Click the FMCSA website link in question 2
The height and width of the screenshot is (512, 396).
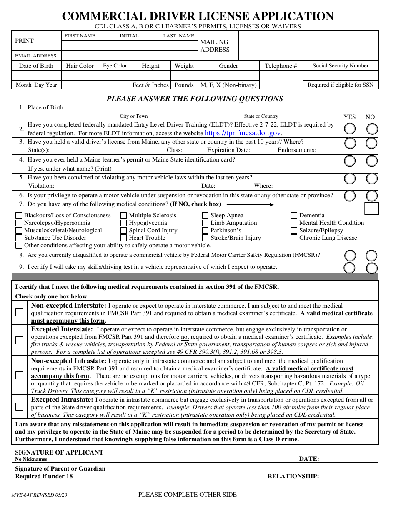point(243,133)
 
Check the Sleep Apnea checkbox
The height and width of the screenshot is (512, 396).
point(206,216)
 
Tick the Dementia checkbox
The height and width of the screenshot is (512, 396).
point(294,216)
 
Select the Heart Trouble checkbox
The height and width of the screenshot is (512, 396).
point(124,238)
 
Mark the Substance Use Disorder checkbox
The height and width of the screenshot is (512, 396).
point(19,238)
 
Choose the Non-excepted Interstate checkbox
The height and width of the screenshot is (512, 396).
point(20,313)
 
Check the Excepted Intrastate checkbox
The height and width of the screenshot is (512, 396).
point(20,407)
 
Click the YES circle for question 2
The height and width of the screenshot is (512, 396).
point(350,129)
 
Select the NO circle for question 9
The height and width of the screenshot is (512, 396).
point(372,268)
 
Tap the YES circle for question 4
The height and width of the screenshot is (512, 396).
point(350,161)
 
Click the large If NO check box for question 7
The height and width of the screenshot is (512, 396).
point(371,209)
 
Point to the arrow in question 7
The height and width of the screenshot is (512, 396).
point(250,205)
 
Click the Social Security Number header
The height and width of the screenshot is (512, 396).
point(341,66)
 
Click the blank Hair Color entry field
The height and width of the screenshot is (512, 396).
point(80,75)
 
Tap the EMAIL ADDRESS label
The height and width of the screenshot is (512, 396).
point(36,56)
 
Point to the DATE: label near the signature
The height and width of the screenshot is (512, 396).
point(309,459)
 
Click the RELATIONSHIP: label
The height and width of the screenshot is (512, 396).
point(293,476)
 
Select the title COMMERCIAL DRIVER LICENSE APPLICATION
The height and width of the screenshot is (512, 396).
point(198,16)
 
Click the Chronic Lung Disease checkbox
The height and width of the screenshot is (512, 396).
point(294,238)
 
